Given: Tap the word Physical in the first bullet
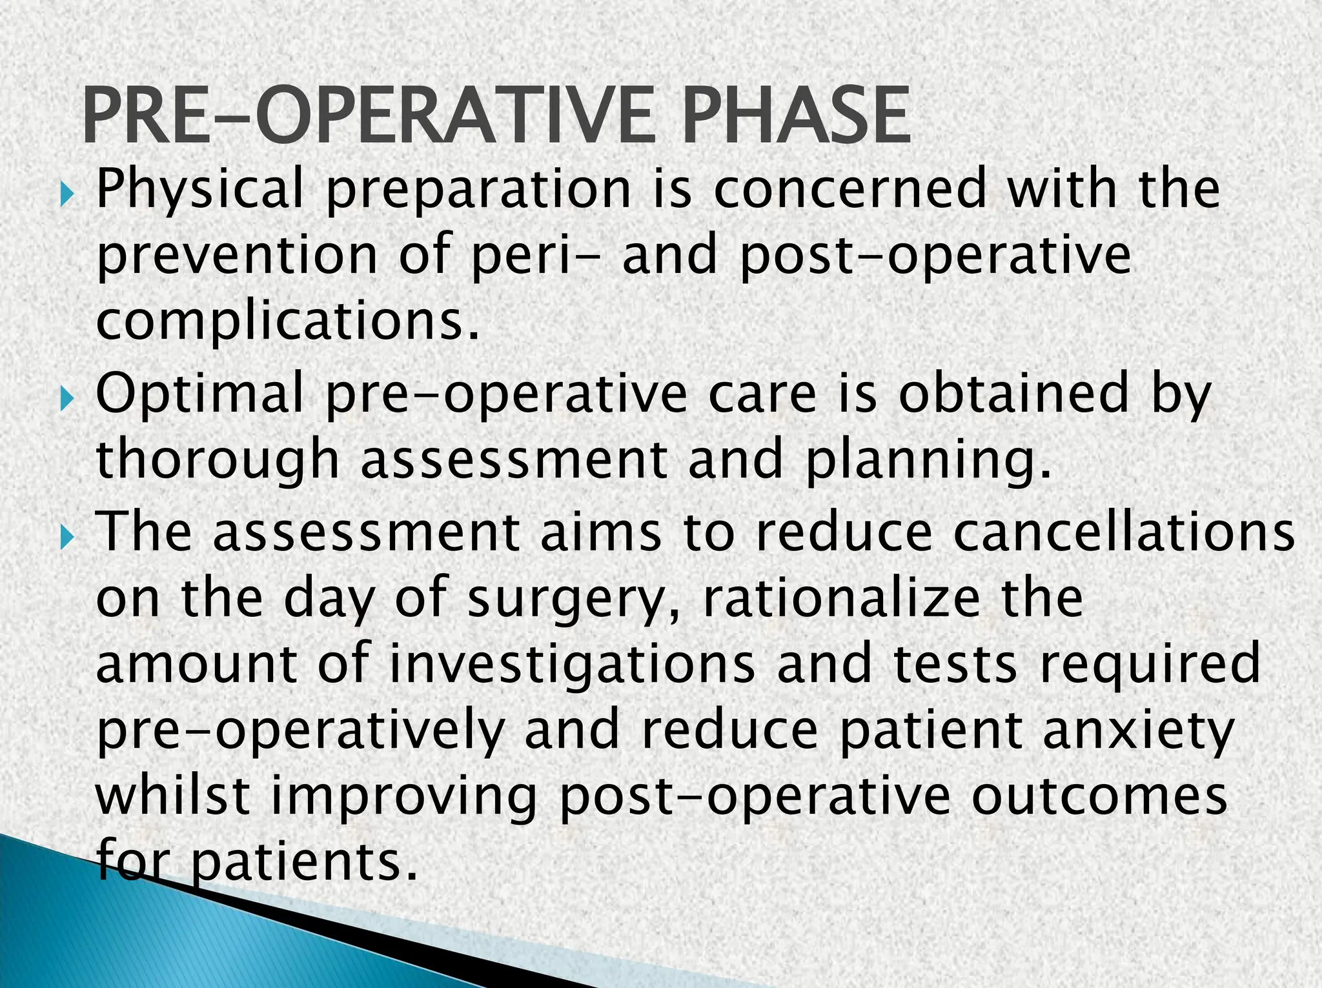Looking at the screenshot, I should coord(199,189).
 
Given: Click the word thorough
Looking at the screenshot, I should coord(218,459).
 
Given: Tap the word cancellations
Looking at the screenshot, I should coord(1123,532).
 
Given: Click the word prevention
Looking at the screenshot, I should coord(236,256).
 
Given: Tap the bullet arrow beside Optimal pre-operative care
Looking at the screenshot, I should coord(67,400).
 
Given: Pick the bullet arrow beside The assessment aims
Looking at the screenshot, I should coord(67,536).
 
